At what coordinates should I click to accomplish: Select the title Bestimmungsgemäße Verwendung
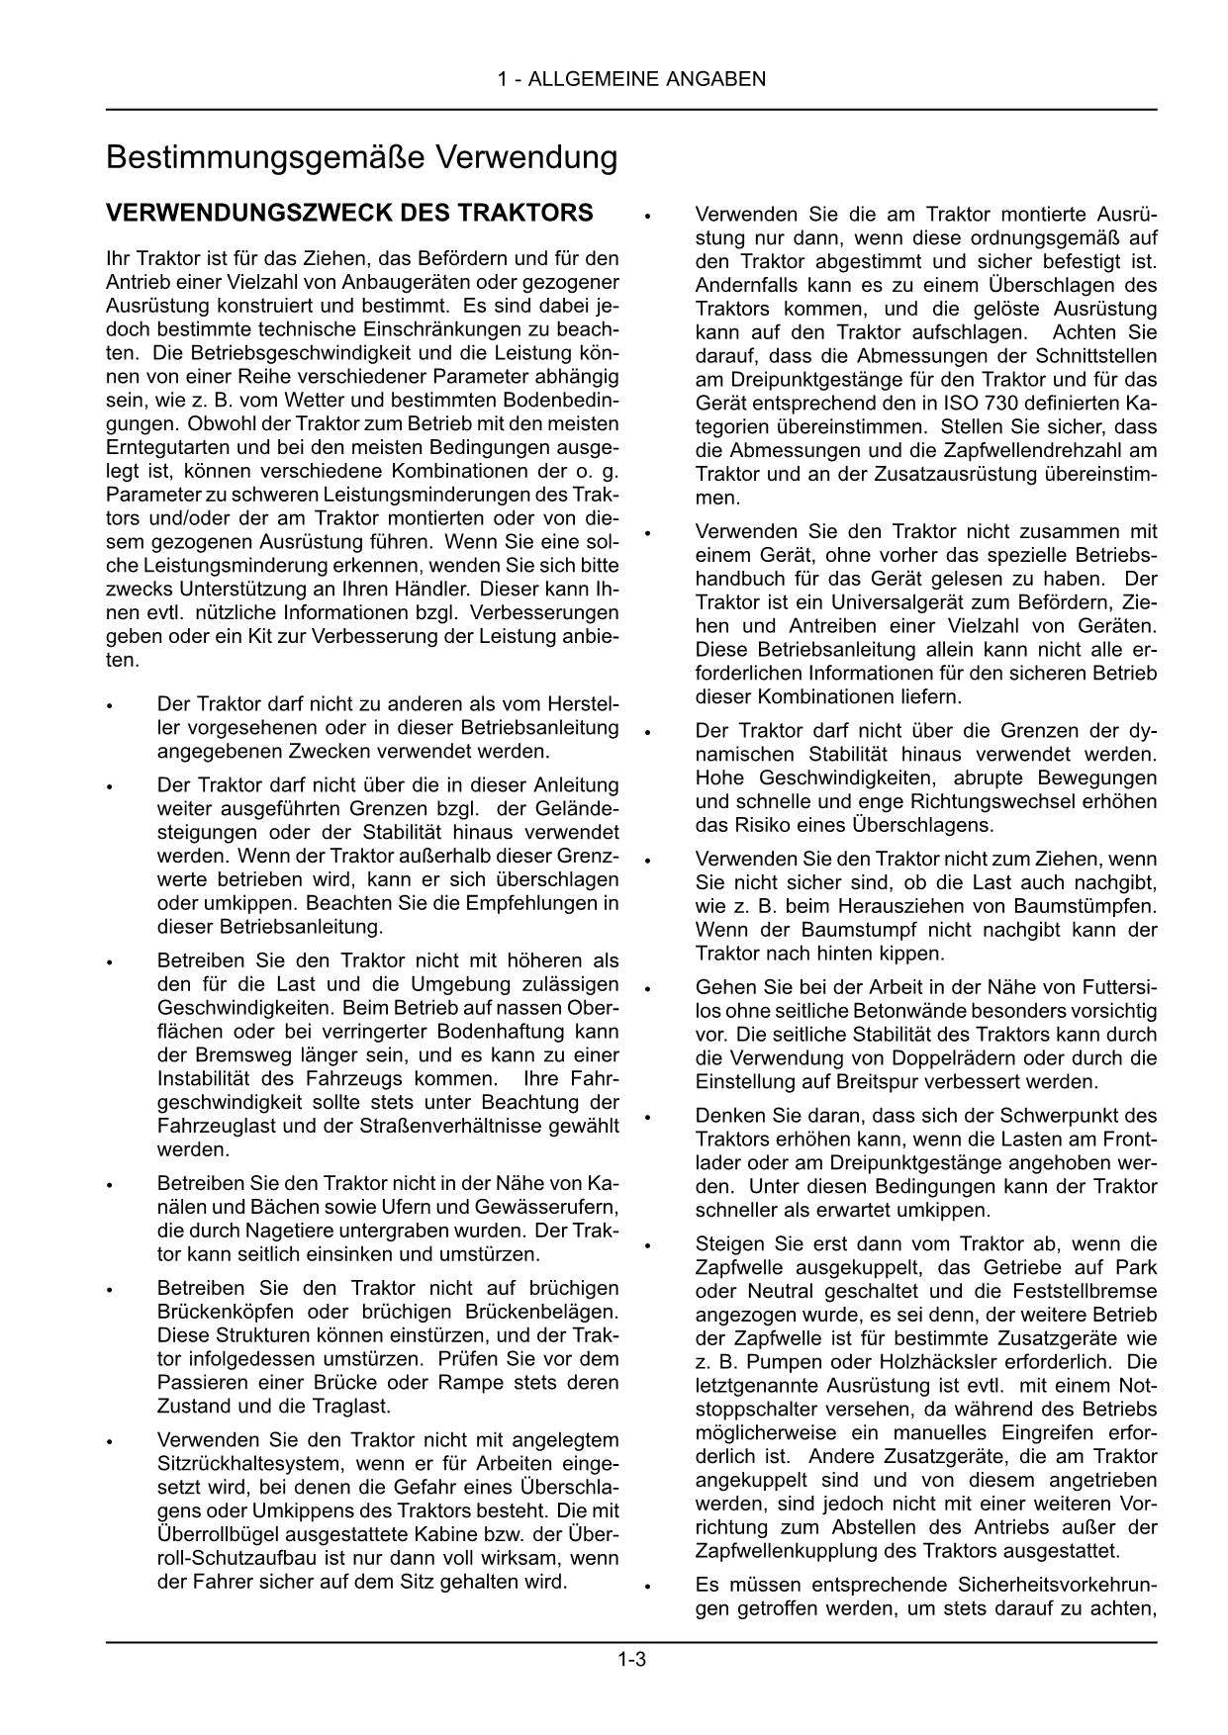click(361, 158)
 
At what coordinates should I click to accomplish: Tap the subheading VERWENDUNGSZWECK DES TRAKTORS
click(349, 214)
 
